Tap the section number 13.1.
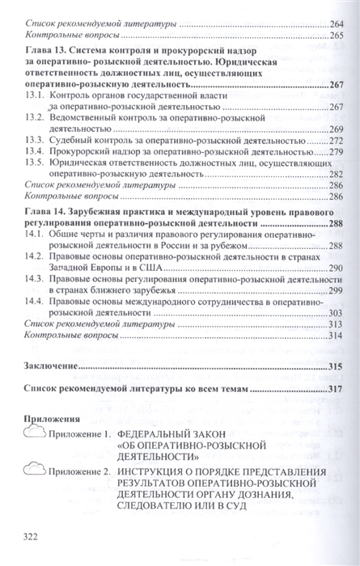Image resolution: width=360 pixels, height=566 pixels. [35, 95]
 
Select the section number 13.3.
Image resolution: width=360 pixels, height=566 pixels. [35, 139]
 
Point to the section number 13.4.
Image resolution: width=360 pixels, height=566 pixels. [35, 150]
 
